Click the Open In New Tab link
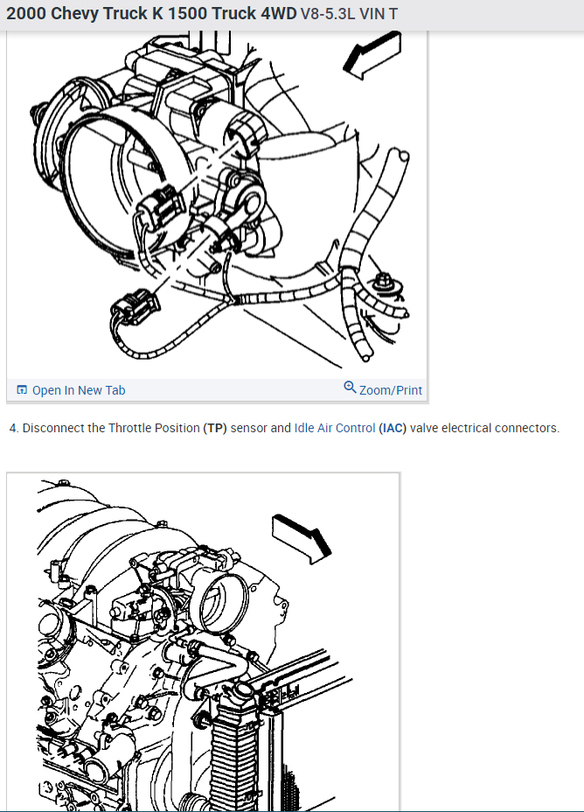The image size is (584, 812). tap(71, 390)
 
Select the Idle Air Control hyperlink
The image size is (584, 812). tap(335, 428)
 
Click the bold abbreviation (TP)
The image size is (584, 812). tap(215, 428)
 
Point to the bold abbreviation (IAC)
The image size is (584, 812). tap(393, 428)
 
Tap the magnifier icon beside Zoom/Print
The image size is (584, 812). tap(351, 387)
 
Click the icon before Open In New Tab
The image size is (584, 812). tap(22, 389)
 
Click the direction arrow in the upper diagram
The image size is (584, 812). tap(372, 55)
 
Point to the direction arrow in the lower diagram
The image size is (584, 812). tap(302, 539)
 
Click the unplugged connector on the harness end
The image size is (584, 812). tap(135, 306)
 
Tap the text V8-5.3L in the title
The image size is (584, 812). tap(328, 13)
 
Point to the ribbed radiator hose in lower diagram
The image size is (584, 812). tap(233, 745)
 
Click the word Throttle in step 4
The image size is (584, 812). tap(129, 428)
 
